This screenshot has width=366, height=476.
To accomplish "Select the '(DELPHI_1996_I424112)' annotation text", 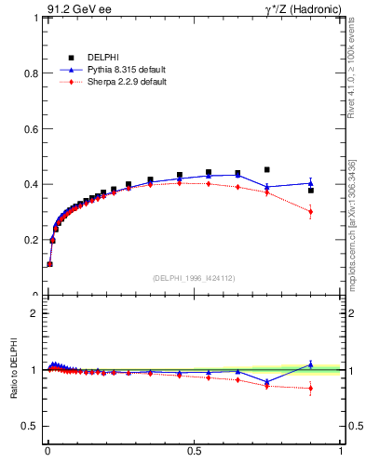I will (194, 277).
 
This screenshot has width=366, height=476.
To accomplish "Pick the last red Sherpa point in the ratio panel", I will (311, 389).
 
